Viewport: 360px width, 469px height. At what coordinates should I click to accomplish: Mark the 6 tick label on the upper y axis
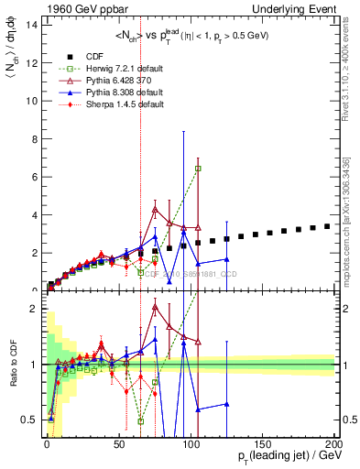pyautogui.click(x=33, y=177)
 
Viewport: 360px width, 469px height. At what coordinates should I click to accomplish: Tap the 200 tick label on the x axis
pyautogui.click(x=336, y=443)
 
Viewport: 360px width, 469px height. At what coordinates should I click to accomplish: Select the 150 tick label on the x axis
pyautogui.click(x=264, y=443)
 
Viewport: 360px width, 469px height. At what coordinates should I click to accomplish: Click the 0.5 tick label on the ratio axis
pyautogui.click(x=28, y=420)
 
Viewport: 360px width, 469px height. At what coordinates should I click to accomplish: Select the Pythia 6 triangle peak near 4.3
pyautogui.click(x=155, y=209)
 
